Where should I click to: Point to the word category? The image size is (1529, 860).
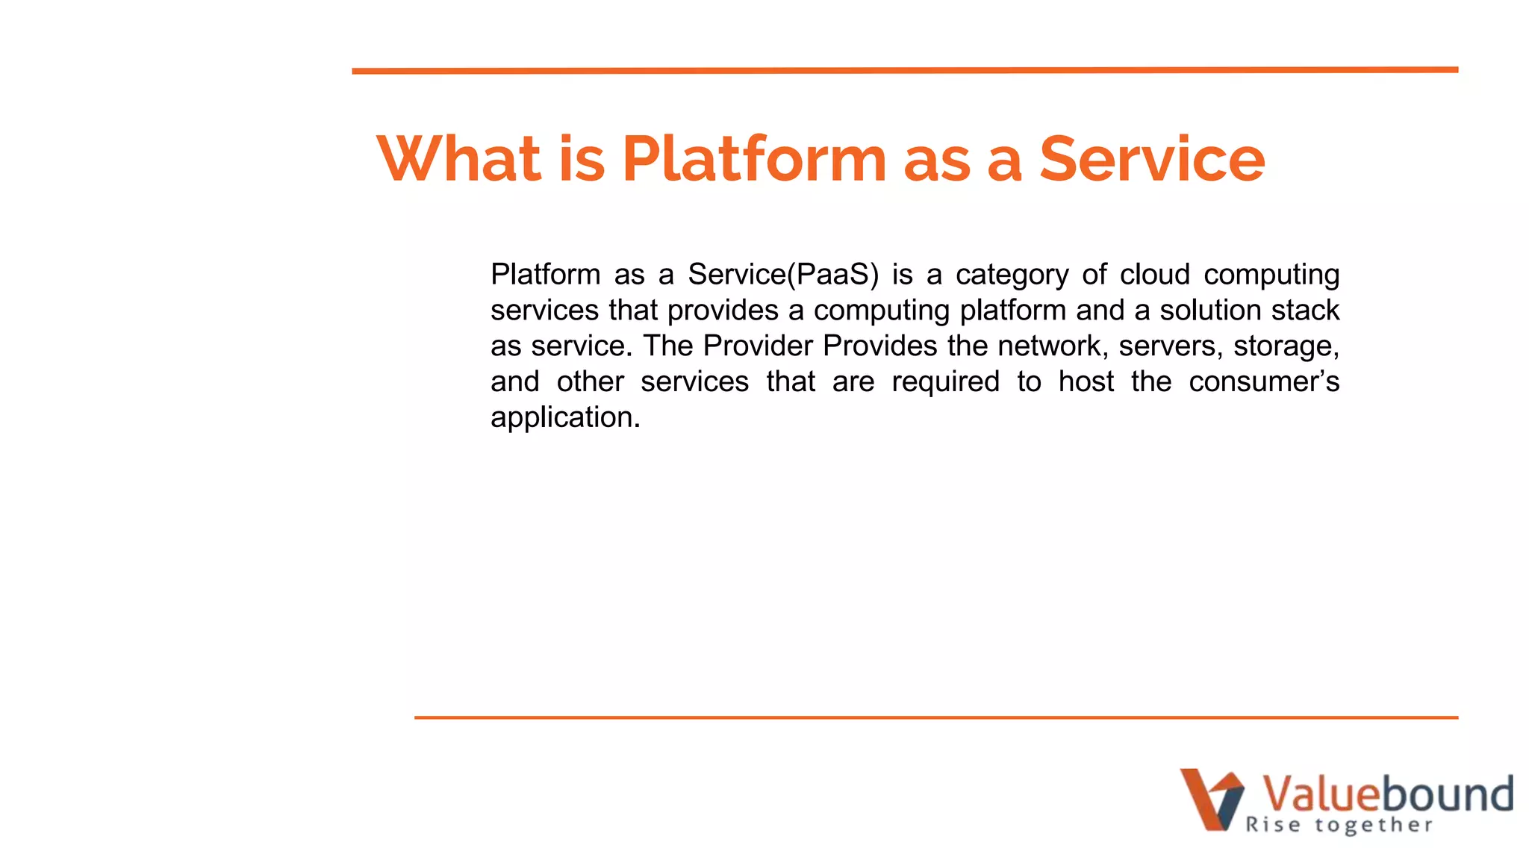coord(1012,275)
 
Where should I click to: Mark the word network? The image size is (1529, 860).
coord(1053,346)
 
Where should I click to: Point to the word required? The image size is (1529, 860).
coord(945,382)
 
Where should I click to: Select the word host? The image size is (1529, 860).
coord(1086,381)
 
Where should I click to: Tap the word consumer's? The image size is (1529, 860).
coord(1264,381)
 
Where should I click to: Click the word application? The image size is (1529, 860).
coord(565,417)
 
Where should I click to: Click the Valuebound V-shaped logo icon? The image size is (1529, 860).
coord(1212,799)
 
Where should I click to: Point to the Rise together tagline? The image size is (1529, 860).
coord(1339,825)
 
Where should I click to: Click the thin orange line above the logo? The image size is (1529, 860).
coord(935,717)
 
